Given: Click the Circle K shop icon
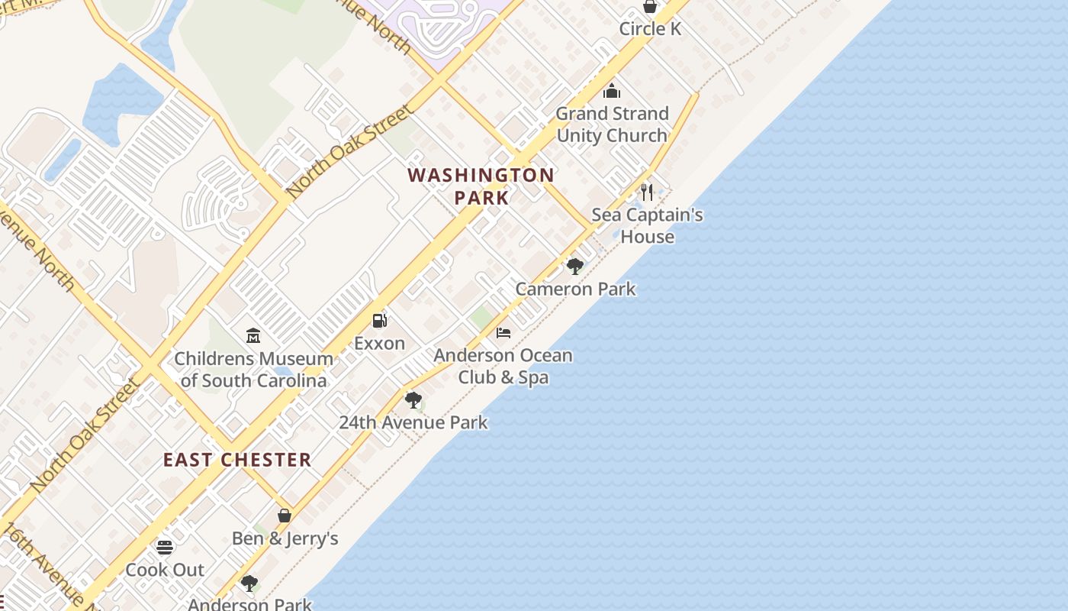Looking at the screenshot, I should coord(650,7).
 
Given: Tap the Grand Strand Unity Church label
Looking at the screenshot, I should coord(612,124).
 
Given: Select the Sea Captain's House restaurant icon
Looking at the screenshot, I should coord(647,191).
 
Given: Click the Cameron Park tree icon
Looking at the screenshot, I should coord(575,266).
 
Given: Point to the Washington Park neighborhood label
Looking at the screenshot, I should coord(481,186).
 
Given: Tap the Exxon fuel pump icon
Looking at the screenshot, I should coord(379,321).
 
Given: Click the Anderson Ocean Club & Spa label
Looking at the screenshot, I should coord(503,366).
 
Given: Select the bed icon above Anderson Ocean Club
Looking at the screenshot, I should coord(503,333).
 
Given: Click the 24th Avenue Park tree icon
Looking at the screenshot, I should coord(413,399).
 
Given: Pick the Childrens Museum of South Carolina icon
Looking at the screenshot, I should coord(253,335).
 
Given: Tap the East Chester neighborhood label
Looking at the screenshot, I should coord(237,460).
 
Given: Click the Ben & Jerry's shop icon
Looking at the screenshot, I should coord(285,516).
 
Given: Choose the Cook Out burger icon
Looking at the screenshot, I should coord(165,547).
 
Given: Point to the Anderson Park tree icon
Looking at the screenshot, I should coord(249,584).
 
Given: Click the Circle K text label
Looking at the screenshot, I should coord(650,29).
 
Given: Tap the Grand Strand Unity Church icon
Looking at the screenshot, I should coord(612,92).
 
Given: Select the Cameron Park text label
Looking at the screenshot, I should coord(575,289).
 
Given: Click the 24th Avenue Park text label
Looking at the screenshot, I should coord(413,422).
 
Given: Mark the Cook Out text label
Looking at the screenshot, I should coord(165,570).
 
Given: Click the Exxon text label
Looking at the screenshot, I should coord(379,344).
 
